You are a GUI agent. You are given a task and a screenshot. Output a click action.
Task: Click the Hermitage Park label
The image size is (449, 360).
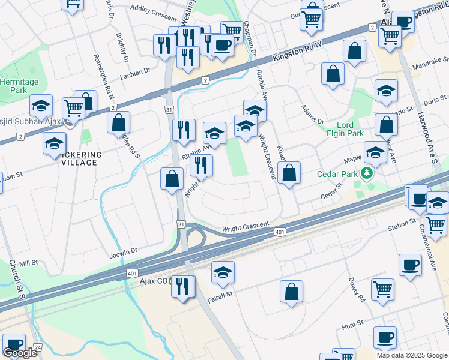pyautogui.click(x=19, y=86)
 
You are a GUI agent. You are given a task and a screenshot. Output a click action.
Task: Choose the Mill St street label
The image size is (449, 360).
pyautogui.click(x=28, y=263)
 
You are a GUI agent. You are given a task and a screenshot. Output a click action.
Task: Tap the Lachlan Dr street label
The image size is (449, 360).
pyautogui.click(x=134, y=72)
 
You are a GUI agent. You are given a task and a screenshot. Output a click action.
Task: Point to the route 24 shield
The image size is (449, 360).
pyautogui.click(x=38, y=347)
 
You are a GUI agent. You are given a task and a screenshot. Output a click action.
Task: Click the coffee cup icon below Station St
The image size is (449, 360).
pyautogui.click(x=411, y=264)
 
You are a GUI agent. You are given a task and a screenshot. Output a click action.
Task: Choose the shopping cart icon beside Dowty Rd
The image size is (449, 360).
pyautogui.click(x=382, y=290)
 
